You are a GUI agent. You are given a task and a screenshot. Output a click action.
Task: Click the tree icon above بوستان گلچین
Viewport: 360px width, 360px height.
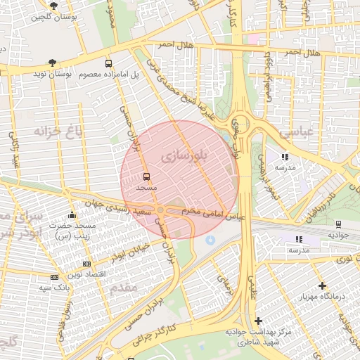point(53,5)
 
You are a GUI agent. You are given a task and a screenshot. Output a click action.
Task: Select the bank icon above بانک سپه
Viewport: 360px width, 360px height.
point(54,278)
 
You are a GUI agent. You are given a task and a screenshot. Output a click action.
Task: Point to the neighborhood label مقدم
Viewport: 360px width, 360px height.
point(124,287)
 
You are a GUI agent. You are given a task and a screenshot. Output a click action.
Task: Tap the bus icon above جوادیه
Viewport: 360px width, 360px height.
point(337,224)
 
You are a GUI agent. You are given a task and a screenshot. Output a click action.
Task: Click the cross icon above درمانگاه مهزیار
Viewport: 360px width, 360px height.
point(322,285)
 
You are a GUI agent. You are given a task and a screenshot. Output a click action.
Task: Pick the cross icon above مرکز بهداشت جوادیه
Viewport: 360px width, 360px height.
point(259,321)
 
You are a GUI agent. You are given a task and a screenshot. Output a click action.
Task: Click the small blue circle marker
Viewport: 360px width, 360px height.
point(209,241)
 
